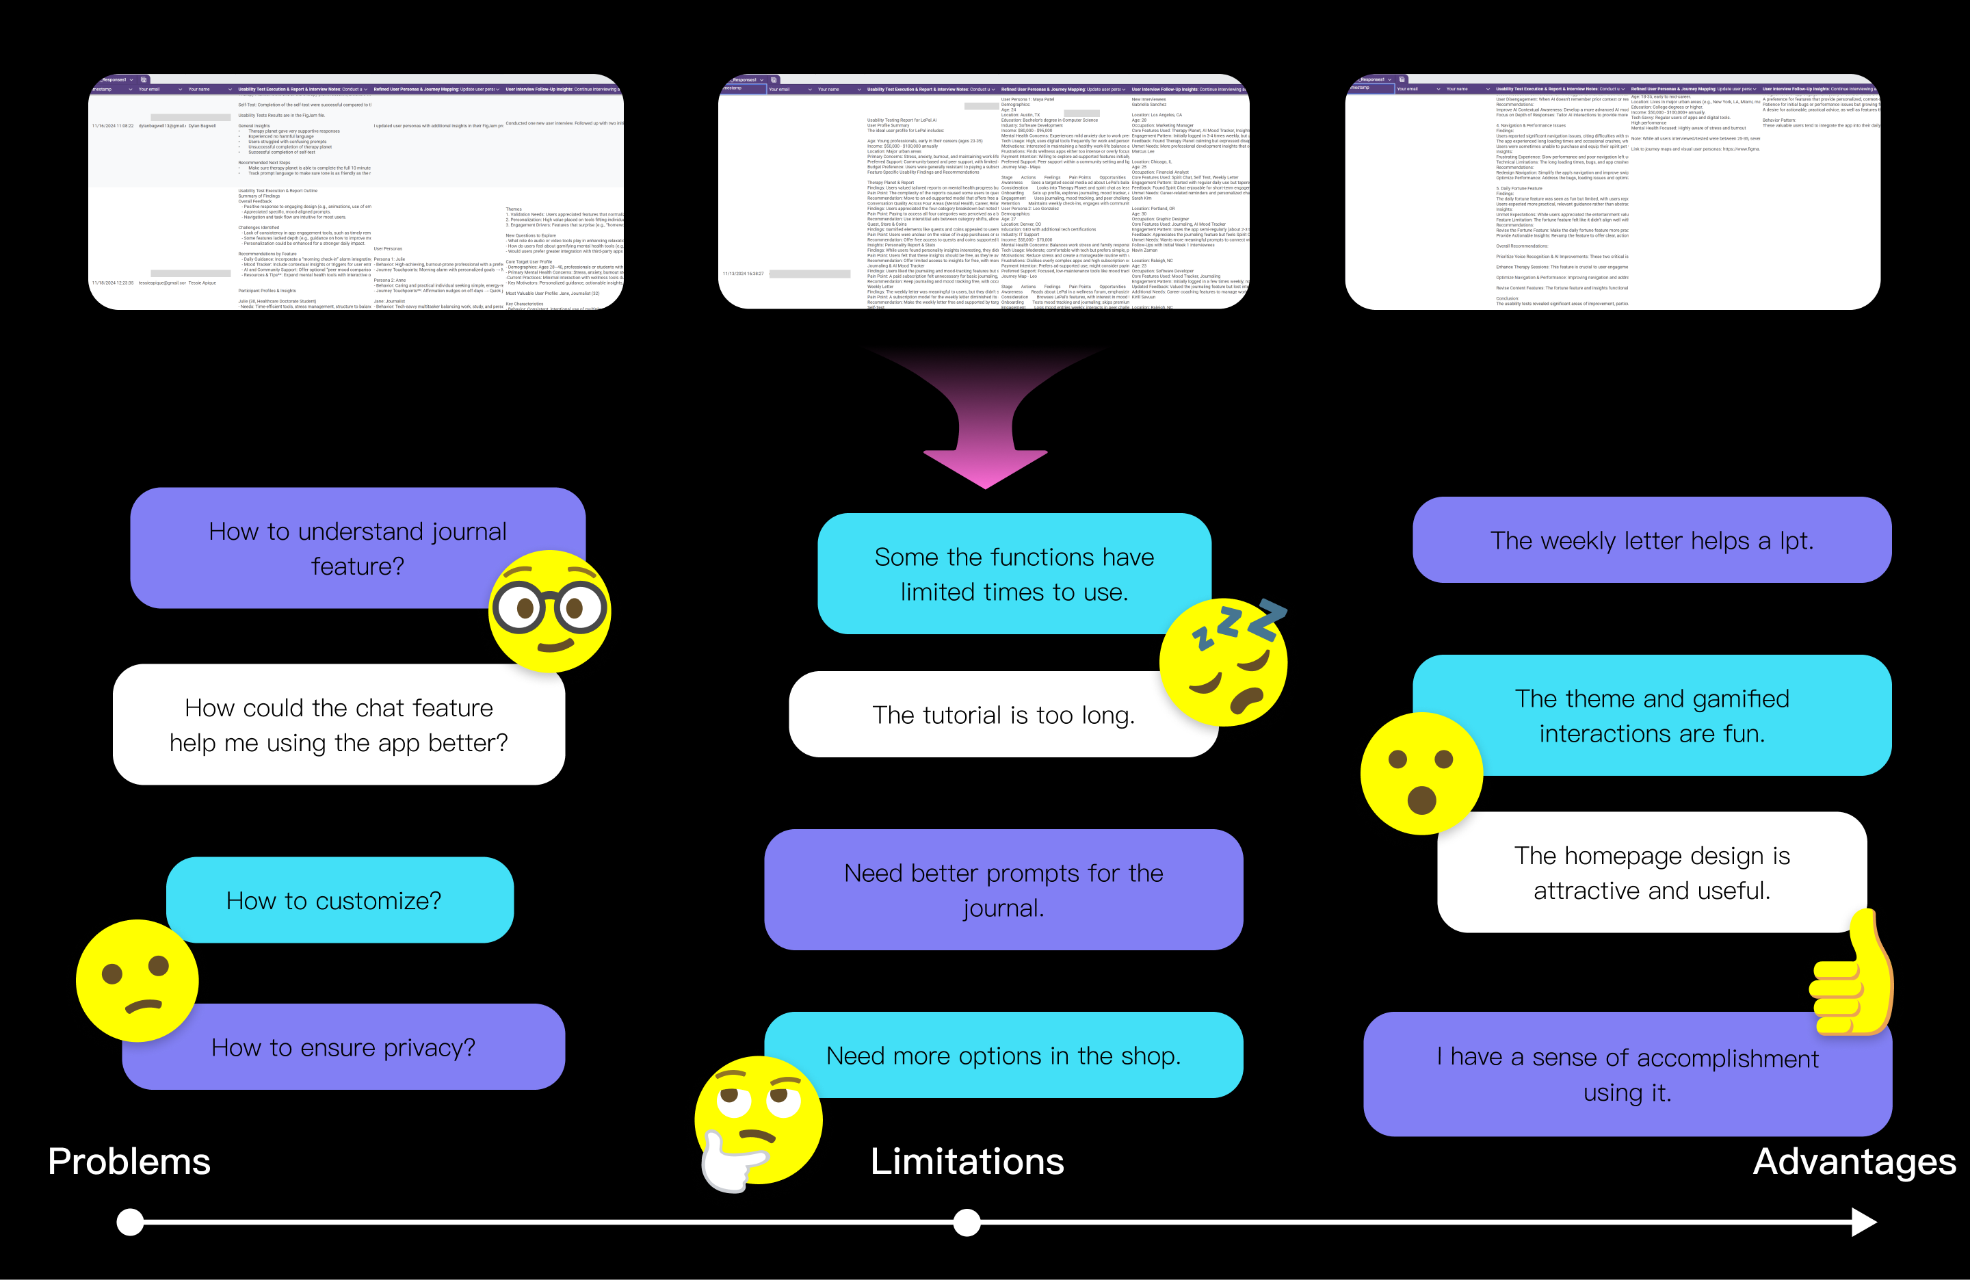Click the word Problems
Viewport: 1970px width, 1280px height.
pyautogui.click(x=129, y=1162)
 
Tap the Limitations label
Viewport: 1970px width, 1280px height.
pyautogui.click(x=967, y=1162)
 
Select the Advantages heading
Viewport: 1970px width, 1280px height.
pyautogui.click(x=1854, y=1162)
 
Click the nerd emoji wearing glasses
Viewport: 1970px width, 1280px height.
pyautogui.click(x=549, y=611)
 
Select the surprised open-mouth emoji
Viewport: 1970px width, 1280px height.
pyautogui.click(x=1421, y=773)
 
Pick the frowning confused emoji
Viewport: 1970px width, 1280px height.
pyautogui.click(x=137, y=980)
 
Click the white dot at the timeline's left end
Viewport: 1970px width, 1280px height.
pyautogui.click(x=130, y=1222)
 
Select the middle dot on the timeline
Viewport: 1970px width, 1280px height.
pyautogui.click(x=967, y=1222)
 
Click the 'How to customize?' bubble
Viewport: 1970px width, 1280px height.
pyautogui.click(x=339, y=900)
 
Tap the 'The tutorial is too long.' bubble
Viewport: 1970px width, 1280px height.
pyautogui.click(x=1003, y=714)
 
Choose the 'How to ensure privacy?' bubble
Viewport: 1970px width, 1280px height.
pyautogui.click(x=343, y=1047)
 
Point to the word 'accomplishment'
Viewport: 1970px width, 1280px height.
pyautogui.click(x=1727, y=1058)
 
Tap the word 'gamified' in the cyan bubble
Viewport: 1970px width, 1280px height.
pyautogui.click(x=1740, y=698)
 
